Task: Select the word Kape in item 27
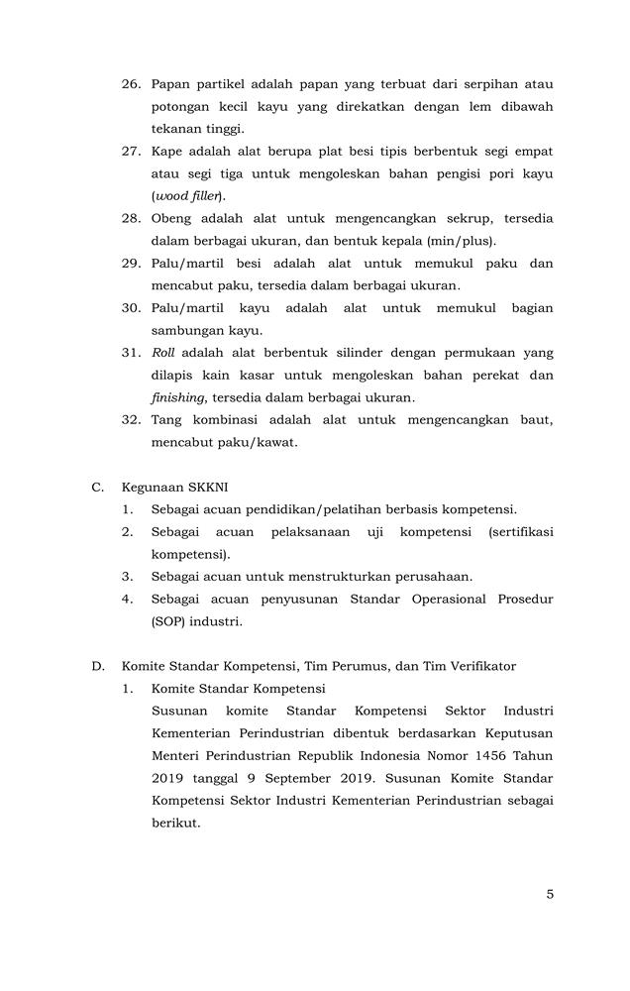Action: point(168,152)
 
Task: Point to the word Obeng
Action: point(173,219)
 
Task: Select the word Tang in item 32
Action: point(167,420)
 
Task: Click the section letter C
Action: point(98,487)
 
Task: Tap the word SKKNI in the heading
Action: point(209,487)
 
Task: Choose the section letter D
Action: point(98,666)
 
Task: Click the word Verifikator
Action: point(479,666)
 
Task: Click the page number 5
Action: point(550,894)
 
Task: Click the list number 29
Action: point(132,264)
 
